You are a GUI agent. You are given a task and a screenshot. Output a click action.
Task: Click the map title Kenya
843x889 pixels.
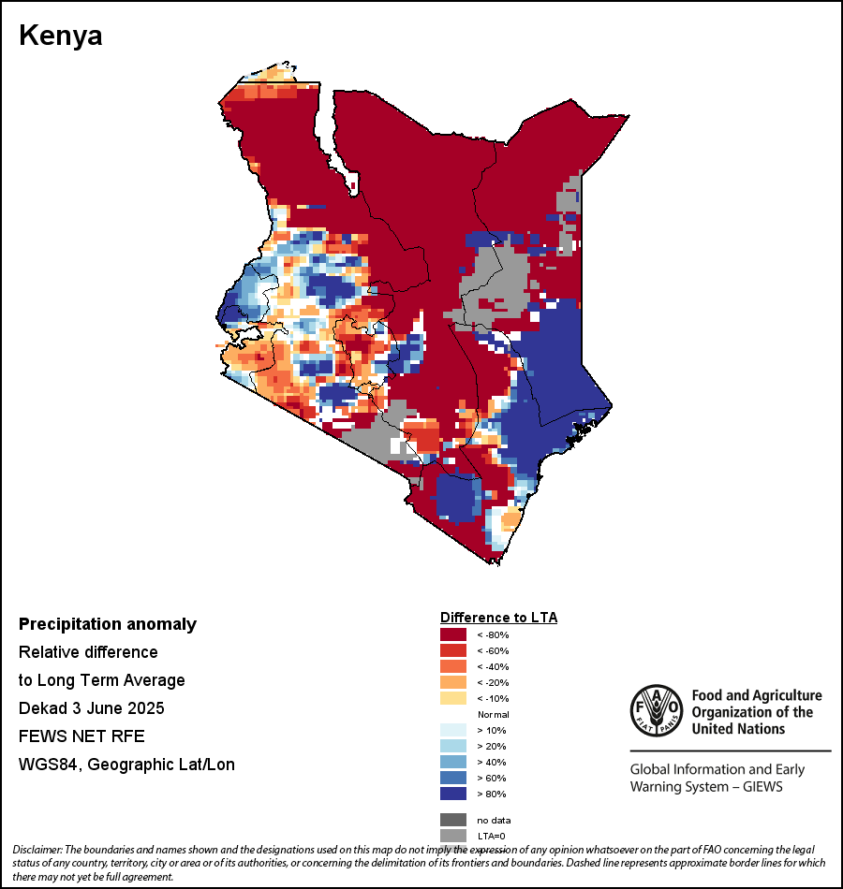(x=61, y=36)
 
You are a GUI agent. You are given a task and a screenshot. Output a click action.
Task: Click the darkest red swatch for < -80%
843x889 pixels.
(x=453, y=635)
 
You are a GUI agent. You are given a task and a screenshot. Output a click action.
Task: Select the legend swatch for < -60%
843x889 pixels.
(x=453, y=650)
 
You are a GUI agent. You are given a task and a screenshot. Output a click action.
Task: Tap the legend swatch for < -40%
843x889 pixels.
(x=453, y=666)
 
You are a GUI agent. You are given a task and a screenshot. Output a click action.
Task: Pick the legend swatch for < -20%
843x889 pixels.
(x=453, y=682)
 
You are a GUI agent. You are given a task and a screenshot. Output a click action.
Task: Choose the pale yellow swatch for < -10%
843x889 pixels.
(x=453, y=698)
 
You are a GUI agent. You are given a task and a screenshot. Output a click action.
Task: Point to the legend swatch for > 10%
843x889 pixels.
(x=453, y=730)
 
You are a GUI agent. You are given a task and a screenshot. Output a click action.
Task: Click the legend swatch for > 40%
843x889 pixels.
(x=453, y=762)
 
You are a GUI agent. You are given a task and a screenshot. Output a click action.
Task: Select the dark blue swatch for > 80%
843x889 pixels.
(x=453, y=794)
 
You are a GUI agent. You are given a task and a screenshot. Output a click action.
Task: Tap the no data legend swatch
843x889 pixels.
(x=453, y=820)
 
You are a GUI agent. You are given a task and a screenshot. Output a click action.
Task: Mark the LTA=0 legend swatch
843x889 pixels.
(x=453, y=836)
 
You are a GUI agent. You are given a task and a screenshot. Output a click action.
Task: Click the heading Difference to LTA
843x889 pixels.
(x=498, y=618)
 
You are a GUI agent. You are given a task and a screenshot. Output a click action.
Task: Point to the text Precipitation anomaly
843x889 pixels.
(x=108, y=624)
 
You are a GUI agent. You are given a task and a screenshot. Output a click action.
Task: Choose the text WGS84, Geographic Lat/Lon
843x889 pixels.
(x=126, y=765)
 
